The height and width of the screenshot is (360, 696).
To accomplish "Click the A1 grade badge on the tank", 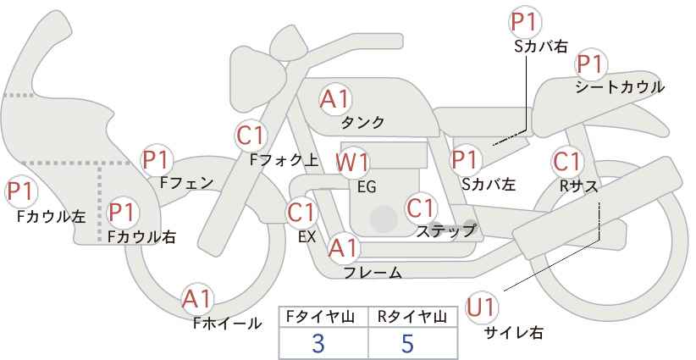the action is click(x=335, y=99).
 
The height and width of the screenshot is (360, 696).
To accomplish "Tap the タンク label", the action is click(x=362, y=122).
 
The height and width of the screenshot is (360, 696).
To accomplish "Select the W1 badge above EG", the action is click(x=352, y=163).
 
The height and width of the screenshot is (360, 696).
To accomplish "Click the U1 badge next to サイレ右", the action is click(x=481, y=307).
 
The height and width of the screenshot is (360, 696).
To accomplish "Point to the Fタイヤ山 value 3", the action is click(x=318, y=344).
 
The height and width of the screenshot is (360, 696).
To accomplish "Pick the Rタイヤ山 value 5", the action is click(x=407, y=344).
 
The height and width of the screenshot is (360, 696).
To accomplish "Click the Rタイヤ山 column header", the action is click(x=412, y=317).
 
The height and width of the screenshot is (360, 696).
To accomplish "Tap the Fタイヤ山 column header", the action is click(x=320, y=317).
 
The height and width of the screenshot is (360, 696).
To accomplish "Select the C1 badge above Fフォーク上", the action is click(x=251, y=136).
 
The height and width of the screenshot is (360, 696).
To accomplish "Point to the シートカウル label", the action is click(x=620, y=87).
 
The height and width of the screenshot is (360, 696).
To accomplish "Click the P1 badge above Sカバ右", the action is click(x=524, y=22).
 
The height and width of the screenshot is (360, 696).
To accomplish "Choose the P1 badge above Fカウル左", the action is click(x=21, y=191).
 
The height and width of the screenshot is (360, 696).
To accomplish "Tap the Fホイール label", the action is click(x=227, y=324).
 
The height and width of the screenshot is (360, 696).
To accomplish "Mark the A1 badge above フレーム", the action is click(x=343, y=247).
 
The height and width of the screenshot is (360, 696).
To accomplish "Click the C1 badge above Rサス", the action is click(x=567, y=162).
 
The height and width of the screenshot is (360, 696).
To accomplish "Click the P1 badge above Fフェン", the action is click(x=157, y=160).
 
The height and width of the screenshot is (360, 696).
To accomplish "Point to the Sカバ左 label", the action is click(x=489, y=184).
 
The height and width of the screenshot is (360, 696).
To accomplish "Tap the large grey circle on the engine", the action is click(x=384, y=219).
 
